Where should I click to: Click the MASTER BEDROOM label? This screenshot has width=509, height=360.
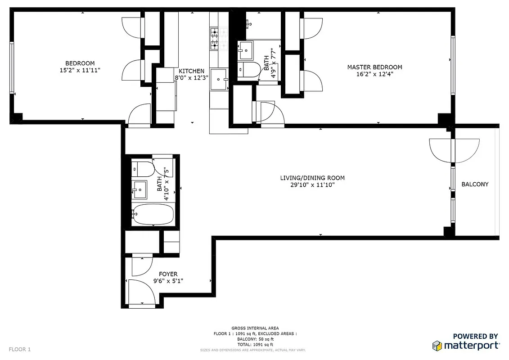point(374,67)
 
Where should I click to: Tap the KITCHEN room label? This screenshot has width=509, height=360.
point(192,71)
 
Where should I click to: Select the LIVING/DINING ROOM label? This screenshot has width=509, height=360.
point(312,178)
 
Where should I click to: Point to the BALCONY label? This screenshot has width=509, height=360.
point(475,184)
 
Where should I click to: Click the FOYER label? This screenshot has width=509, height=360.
point(168,274)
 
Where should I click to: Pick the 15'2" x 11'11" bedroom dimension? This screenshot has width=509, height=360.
point(80,70)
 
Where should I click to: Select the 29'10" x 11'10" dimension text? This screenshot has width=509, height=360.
point(312,185)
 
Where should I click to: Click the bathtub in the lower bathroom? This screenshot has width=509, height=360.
point(153,214)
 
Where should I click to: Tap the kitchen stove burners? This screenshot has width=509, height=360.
point(214,38)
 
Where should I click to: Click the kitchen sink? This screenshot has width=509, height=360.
point(220,79)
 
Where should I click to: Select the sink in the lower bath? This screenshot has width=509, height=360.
point(140,189)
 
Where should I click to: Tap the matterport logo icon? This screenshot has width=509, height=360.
point(437,346)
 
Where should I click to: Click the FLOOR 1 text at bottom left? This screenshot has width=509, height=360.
point(20,349)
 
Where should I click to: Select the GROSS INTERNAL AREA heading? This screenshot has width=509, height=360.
point(255,328)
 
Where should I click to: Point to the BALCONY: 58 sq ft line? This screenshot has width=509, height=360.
point(255,339)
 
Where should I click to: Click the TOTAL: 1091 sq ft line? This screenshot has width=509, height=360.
point(255,344)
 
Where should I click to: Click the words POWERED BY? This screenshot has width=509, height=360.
point(475,336)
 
